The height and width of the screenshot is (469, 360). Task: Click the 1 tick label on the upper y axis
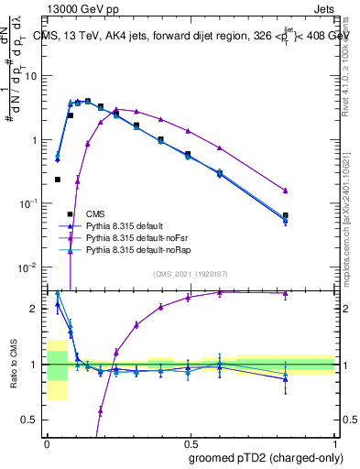37,140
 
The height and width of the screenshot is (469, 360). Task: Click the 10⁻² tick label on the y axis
32,267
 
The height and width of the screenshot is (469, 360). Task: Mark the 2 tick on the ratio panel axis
38,309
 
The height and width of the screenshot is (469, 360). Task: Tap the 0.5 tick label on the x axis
190,442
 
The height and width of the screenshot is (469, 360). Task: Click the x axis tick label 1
334,442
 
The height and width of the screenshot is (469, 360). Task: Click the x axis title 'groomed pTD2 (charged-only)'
259,456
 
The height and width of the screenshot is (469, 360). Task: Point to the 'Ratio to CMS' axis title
14,364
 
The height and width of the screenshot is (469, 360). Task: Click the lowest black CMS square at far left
58,180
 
